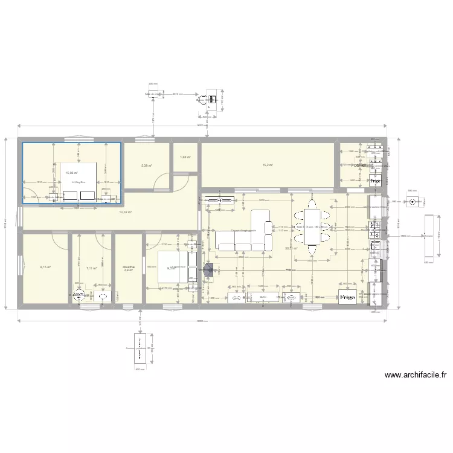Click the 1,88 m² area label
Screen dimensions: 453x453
[185, 158]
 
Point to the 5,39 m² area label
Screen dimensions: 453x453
[146, 165]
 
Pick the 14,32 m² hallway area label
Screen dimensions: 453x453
[126, 213]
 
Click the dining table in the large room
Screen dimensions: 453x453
[312, 226]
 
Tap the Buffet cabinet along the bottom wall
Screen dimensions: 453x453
[263, 297]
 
